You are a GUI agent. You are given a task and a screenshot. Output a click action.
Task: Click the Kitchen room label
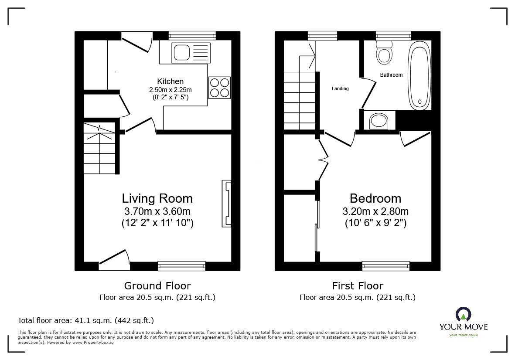coord(170,82)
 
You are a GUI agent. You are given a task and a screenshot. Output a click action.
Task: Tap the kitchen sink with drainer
coord(191,52)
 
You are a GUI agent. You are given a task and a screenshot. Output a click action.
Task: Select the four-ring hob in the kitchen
coord(219,88)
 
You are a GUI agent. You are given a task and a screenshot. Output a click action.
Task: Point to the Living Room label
coord(157,199)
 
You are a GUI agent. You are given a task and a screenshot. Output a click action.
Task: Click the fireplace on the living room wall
coord(227,204)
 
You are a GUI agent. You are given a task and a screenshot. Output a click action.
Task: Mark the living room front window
coord(182,266)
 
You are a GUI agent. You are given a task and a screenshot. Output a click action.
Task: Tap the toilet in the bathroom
coord(384,52)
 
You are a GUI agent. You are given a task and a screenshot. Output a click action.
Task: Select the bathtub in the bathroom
coord(419,75)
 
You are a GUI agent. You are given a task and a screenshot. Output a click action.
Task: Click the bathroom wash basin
coord(379,121)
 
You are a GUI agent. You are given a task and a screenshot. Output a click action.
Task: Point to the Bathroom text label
coord(391,75)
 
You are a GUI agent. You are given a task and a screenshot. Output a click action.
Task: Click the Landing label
coord(340,88)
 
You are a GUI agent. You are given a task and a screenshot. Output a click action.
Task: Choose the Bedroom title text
coord(375,199)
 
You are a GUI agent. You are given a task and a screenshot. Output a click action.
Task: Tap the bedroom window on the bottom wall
coord(386,266)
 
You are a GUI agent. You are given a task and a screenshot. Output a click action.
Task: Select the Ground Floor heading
coord(157,286)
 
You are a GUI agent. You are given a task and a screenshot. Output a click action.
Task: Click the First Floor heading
coord(358,286)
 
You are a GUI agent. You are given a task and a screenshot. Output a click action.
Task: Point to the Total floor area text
coord(86,320)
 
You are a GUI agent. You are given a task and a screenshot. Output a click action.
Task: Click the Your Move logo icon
coord(463,314)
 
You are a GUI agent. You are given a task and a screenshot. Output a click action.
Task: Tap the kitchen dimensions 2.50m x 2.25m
coord(171,90)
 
